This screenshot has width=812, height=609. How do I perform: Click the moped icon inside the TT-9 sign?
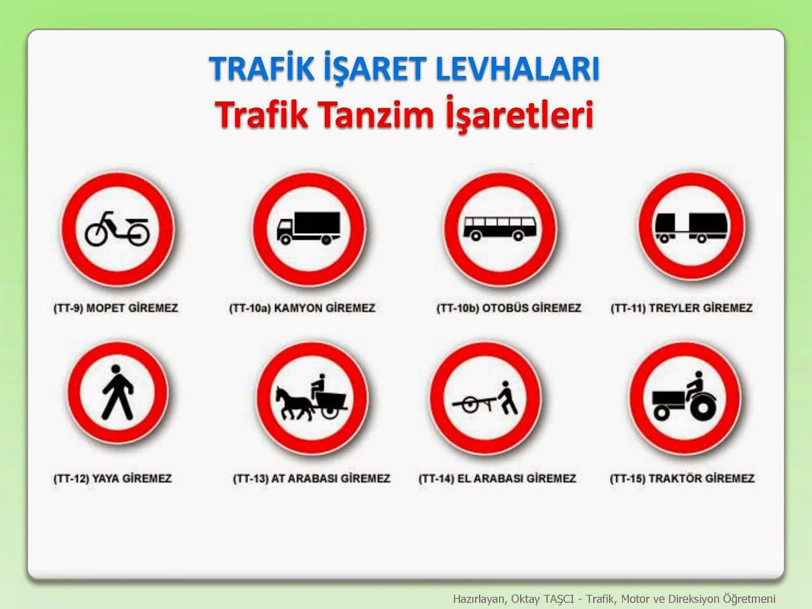click(x=117, y=229)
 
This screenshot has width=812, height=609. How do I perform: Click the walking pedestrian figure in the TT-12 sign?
click(x=118, y=392)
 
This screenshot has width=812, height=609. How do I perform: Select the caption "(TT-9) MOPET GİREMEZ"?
click(x=116, y=308)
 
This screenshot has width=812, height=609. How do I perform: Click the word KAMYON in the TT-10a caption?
click(x=298, y=308)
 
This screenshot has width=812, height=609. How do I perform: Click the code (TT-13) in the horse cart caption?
click(x=251, y=479)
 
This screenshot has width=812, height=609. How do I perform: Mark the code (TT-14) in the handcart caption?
click(x=436, y=479)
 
